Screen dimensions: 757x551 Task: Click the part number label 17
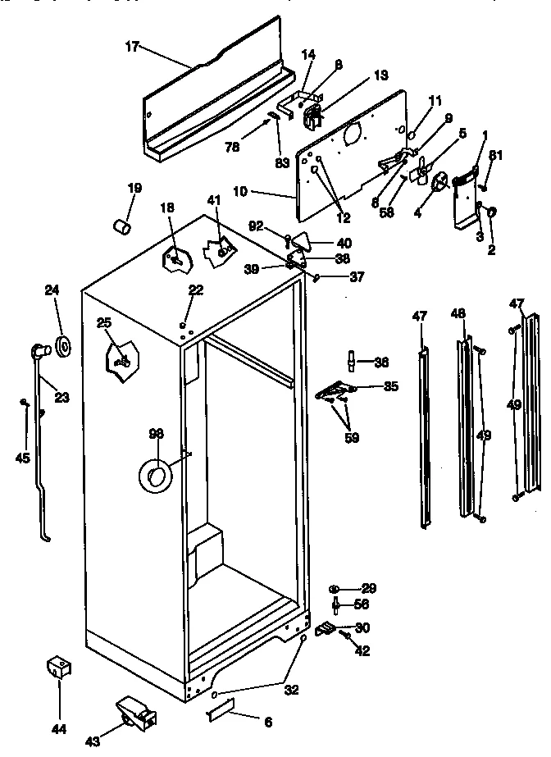132,47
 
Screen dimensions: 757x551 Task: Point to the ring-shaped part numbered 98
157,474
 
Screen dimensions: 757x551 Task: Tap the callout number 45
22,458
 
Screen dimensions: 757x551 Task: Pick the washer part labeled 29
336,589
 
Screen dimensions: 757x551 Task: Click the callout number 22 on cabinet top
195,290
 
